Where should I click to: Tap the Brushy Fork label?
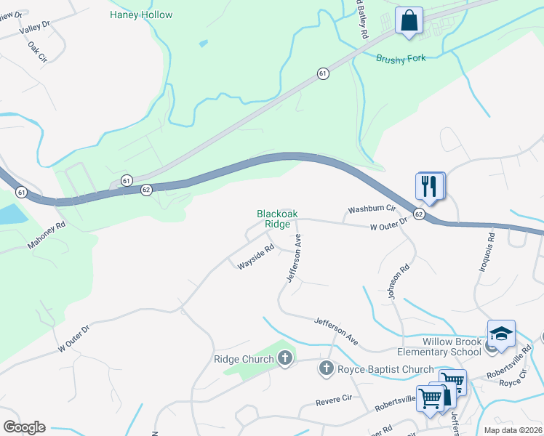click(399, 57)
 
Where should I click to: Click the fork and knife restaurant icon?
click(430, 186)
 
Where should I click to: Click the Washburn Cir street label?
click(371, 209)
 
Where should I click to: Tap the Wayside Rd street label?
click(255, 257)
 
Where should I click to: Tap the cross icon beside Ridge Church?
click(284, 358)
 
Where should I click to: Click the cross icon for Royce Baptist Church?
click(326, 369)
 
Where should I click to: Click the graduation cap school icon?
click(501, 334)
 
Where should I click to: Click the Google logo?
click(24, 427)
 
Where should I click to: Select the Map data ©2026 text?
click(513, 430)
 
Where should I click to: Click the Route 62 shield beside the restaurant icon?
click(419, 214)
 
